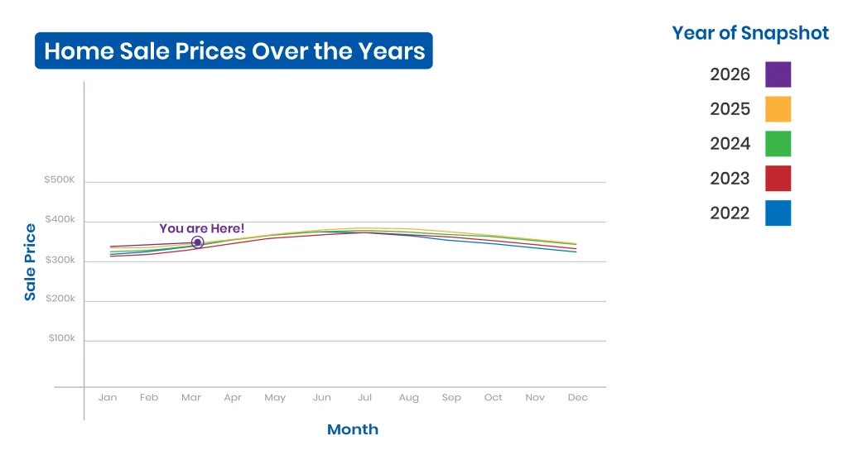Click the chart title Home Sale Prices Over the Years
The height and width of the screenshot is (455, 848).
tap(234, 50)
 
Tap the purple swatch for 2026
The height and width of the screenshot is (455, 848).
tap(778, 74)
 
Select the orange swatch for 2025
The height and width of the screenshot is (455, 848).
tap(778, 109)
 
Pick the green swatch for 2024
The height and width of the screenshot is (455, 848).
tap(778, 144)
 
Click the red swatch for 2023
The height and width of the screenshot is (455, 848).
tap(778, 179)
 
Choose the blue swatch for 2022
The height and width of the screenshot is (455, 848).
tap(778, 213)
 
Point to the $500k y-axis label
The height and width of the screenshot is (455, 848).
tap(60, 180)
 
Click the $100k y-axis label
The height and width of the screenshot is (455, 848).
tap(61, 338)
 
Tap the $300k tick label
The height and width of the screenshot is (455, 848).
tap(60, 260)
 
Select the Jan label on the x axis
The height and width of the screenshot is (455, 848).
tap(108, 397)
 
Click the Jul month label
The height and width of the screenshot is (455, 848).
tap(364, 397)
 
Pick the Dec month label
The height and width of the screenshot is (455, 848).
tap(577, 397)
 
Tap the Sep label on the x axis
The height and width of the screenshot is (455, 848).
tap(451, 397)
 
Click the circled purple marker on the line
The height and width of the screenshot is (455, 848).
tap(197, 242)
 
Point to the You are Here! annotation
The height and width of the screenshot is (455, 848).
tap(202, 228)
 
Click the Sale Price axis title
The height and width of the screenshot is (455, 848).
tap(30, 262)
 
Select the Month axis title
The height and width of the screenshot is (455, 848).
tap(353, 429)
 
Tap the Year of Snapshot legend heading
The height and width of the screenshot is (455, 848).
tap(750, 33)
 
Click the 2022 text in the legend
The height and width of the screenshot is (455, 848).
tap(730, 213)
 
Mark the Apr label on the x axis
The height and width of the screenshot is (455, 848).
tap(233, 398)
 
